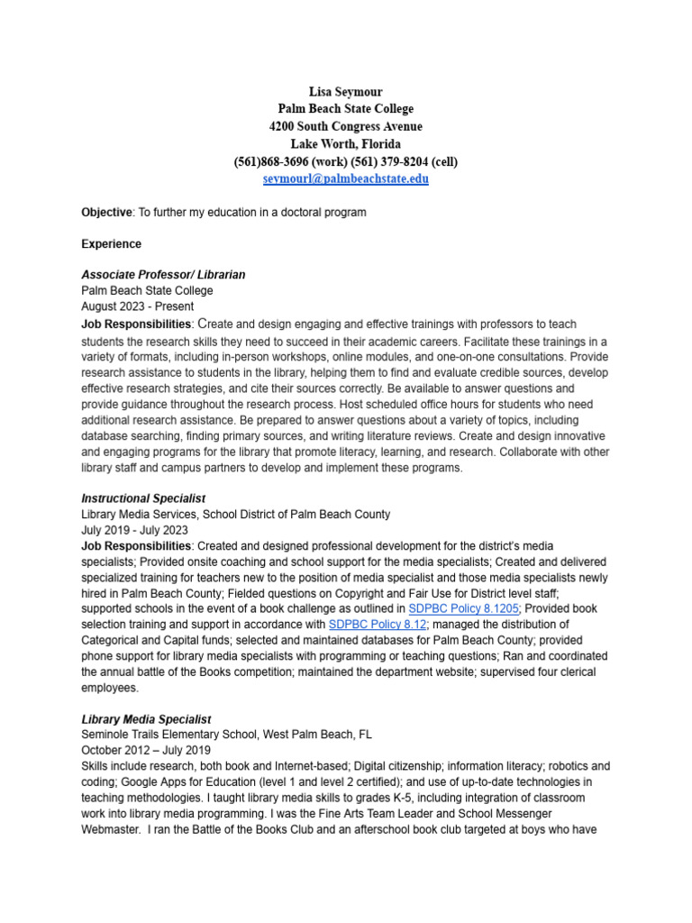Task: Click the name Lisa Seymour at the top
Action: coord(345,92)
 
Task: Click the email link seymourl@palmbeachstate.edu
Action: coord(345,178)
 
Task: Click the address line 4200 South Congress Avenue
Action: coord(345,127)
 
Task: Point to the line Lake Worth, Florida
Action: coord(345,144)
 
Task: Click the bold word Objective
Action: coord(106,213)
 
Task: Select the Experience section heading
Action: coord(111,243)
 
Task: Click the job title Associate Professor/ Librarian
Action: coord(163,274)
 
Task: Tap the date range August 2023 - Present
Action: coord(137,306)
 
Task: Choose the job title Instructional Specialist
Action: coord(143,498)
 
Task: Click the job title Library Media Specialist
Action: coord(146,719)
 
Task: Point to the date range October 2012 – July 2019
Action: coord(145,750)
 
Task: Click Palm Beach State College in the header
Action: coord(345,109)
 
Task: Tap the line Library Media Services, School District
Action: coord(235,514)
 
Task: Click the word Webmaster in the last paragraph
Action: coord(112,829)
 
